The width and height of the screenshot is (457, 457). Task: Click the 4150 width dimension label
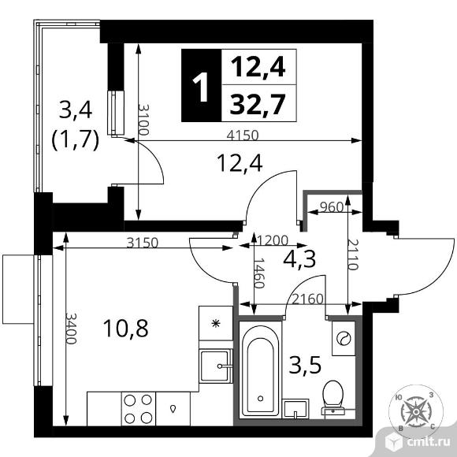click(x=243, y=136)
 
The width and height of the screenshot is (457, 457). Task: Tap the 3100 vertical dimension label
click(x=143, y=119)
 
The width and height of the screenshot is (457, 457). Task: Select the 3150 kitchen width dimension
click(x=143, y=243)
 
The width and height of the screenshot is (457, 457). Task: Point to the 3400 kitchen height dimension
click(x=71, y=329)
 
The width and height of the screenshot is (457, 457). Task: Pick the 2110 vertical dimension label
click(x=353, y=255)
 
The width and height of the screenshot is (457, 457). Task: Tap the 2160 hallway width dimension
click(x=308, y=299)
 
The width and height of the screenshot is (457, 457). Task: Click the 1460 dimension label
click(x=258, y=273)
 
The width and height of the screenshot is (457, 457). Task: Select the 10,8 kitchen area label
click(x=125, y=329)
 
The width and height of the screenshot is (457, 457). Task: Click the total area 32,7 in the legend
click(x=257, y=104)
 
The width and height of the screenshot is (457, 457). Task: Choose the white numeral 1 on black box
click(x=200, y=87)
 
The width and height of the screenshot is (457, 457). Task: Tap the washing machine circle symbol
click(x=344, y=338)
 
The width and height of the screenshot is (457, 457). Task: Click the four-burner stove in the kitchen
click(x=138, y=409)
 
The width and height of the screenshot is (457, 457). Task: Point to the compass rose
click(x=416, y=411)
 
